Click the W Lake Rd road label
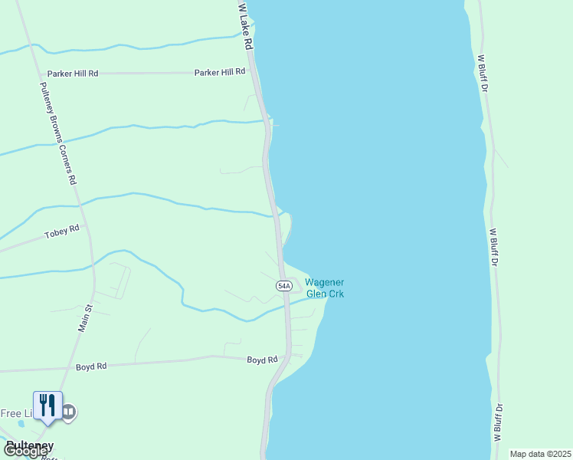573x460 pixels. point(245,27)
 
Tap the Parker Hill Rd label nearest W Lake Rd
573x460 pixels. point(220,71)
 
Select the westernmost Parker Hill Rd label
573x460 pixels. point(73,74)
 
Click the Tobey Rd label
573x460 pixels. point(62,232)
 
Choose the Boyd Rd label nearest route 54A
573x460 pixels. point(261,360)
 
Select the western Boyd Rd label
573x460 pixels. point(90,366)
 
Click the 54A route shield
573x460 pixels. point(283,285)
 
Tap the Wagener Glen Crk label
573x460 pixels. point(326,287)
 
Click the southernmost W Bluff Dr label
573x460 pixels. point(498,422)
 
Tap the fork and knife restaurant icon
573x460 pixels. point(47,404)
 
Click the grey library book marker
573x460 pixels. point(69,412)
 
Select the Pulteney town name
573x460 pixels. point(29,445)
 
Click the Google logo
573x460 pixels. point(25,452)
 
